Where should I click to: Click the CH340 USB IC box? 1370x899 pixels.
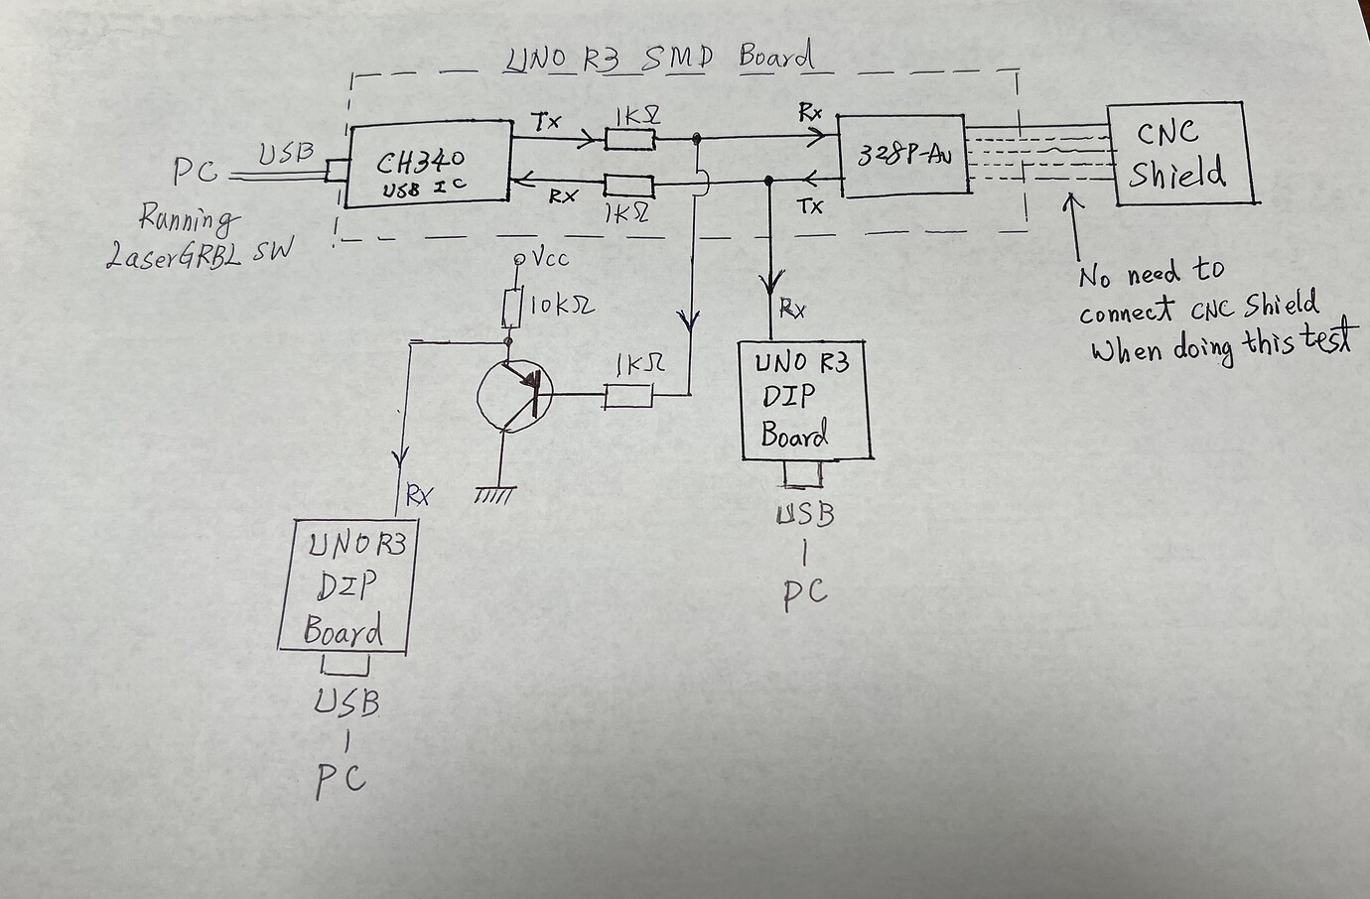point(427,166)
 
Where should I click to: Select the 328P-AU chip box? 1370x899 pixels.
point(903,155)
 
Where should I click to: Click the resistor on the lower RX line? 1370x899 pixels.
point(629,187)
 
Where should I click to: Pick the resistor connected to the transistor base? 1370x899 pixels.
point(627,397)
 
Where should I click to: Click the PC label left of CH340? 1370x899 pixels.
point(197,172)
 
